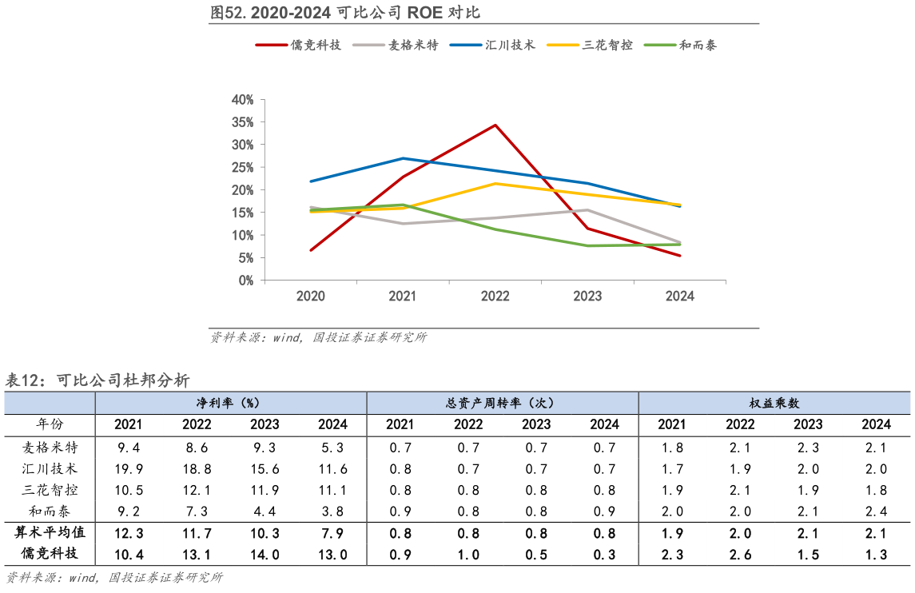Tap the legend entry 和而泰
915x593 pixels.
(698, 46)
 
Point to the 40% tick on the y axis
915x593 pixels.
(241, 100)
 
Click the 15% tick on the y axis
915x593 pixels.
(241, 213)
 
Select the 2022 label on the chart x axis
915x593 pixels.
(495, 296)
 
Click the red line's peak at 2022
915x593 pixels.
(495, 125)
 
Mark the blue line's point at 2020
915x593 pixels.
(311, 181)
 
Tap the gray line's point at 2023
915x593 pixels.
(588, 210)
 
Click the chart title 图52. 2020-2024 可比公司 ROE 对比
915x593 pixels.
(344, 13)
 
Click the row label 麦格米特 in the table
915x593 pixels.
(50, 447)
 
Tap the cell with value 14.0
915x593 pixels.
(265, 555)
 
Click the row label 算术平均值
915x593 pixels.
(50, 532)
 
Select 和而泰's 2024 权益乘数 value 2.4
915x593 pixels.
(876, 511)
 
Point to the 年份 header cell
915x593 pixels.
(50, 424)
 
